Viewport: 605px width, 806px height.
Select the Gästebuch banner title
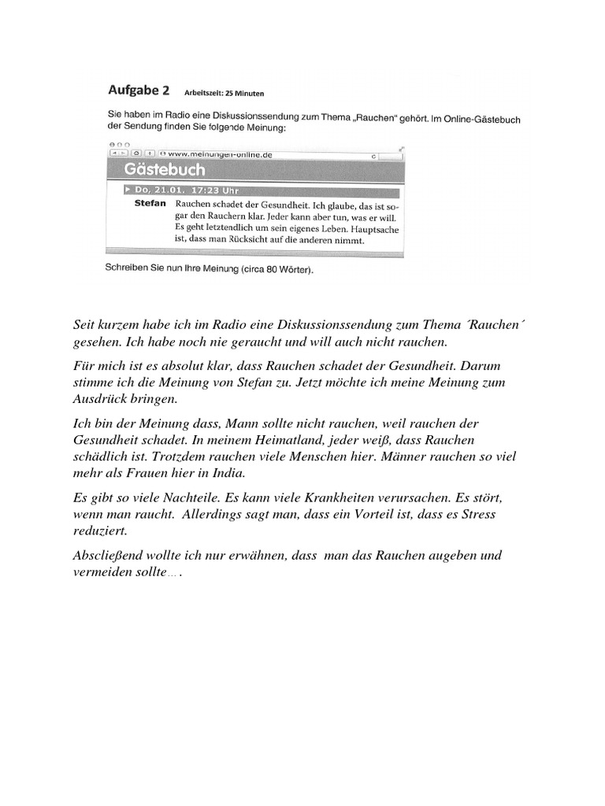tap(165, 171)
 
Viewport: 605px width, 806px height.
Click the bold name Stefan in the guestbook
tap(150, 203)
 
